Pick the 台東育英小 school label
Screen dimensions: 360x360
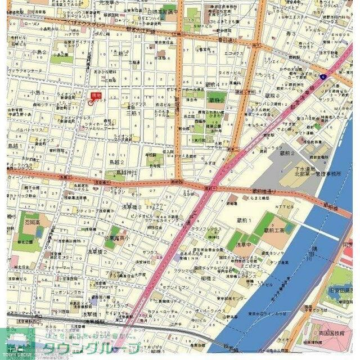click(x=117, y=238)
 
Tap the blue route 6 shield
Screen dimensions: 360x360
click(x=323, y=76)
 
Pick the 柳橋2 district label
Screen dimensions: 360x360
click(x=209, y=278)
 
